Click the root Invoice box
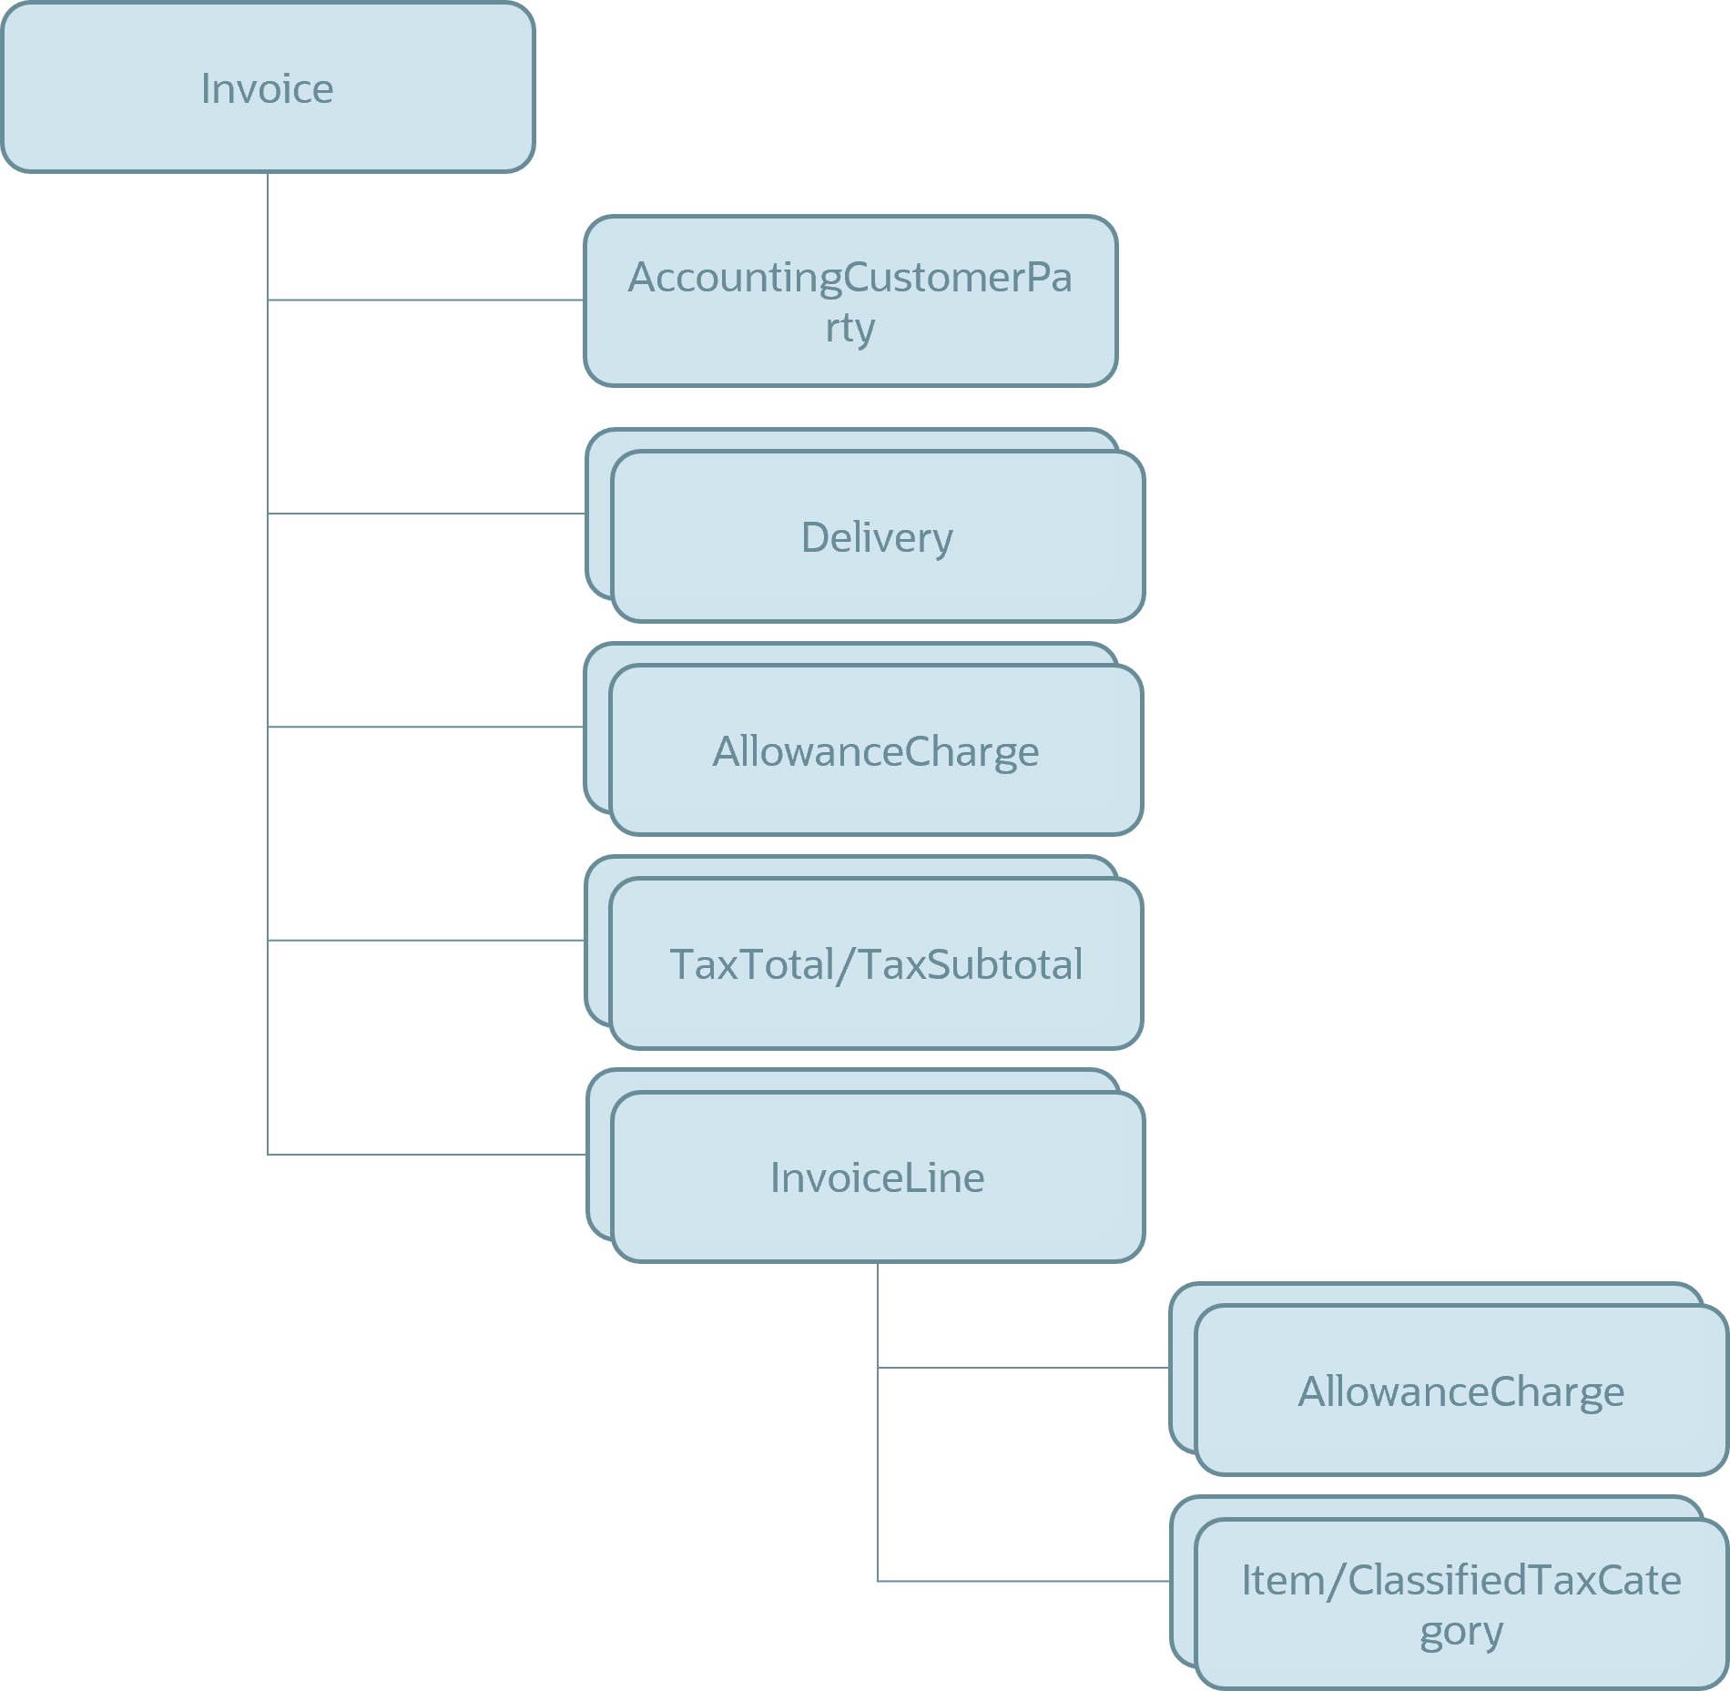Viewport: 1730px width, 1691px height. [x=268, y=87]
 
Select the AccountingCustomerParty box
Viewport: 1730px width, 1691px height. [x=850, y=301]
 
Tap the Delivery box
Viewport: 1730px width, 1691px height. [x=877, y=536]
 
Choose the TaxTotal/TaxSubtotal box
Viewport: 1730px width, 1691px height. [x=876, y=963]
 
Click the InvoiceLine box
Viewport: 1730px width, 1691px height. [x=877, y=1177]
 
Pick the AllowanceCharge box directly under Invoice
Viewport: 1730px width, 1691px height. [x=876, y=750]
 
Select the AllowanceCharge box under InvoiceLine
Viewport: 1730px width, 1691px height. [x=1460, y=1390]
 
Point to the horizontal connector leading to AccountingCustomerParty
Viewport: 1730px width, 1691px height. [x=425, y=300]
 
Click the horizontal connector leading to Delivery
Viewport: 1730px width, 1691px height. [x=425, y=514]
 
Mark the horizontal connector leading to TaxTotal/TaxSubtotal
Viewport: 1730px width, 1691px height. [x=425, y=940]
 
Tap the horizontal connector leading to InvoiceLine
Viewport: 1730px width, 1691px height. [x=425, y=1154]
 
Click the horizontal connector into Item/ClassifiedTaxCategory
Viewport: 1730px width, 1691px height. [x=1023, y=1581]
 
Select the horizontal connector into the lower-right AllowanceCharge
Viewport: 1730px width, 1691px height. [x=1023, y=1367]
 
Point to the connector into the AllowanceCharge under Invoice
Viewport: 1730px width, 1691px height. [x=425, y=727]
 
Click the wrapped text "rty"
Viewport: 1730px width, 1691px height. [x=850, y=327]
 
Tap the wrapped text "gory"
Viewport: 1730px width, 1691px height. [x=1460, y=1631]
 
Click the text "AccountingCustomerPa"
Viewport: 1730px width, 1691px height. [x=850, y=277]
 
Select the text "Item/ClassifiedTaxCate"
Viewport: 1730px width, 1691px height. [x=1460, y=1580]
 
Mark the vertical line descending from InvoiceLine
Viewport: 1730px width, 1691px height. [x=878, y=1421]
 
